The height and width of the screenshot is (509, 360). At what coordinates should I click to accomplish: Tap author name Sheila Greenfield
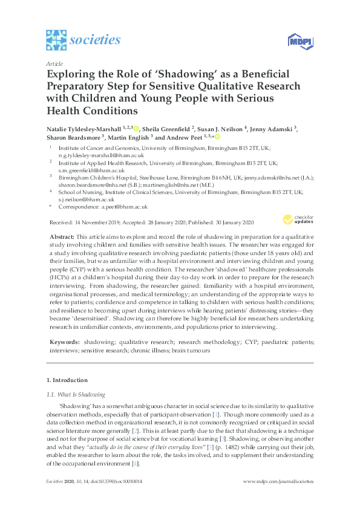click(172, 128)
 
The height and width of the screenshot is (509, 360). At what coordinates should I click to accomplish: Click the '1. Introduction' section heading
click(67, 380)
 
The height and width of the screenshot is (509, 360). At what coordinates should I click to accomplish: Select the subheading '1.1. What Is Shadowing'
click(76, 394)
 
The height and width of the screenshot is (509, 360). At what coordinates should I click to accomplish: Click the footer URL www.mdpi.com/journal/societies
click(278, 498)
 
